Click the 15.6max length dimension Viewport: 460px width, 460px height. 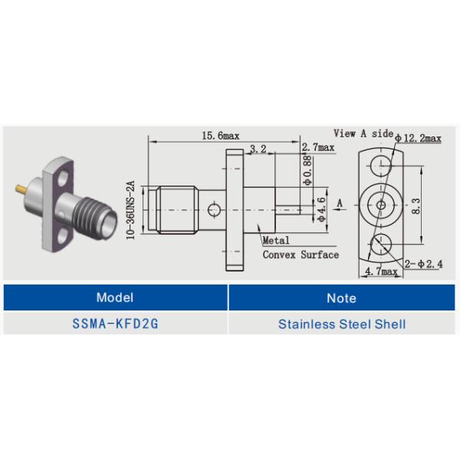click(x=221, y=136)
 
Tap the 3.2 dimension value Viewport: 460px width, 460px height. click(x=258, y=149)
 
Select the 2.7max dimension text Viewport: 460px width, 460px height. click(x=318, y=147)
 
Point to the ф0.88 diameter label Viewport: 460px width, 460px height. click(x=307, y=170)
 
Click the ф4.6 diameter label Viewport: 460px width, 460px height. click(x=322, y=209)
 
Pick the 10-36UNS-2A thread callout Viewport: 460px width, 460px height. click(x=130, y=210)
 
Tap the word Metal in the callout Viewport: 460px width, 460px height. click(x=276, y=241)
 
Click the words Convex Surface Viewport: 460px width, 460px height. click(x=301, y=255)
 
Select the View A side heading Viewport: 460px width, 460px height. click(x=363, y=133)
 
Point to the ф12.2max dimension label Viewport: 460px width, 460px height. click(x=419, y=138)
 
